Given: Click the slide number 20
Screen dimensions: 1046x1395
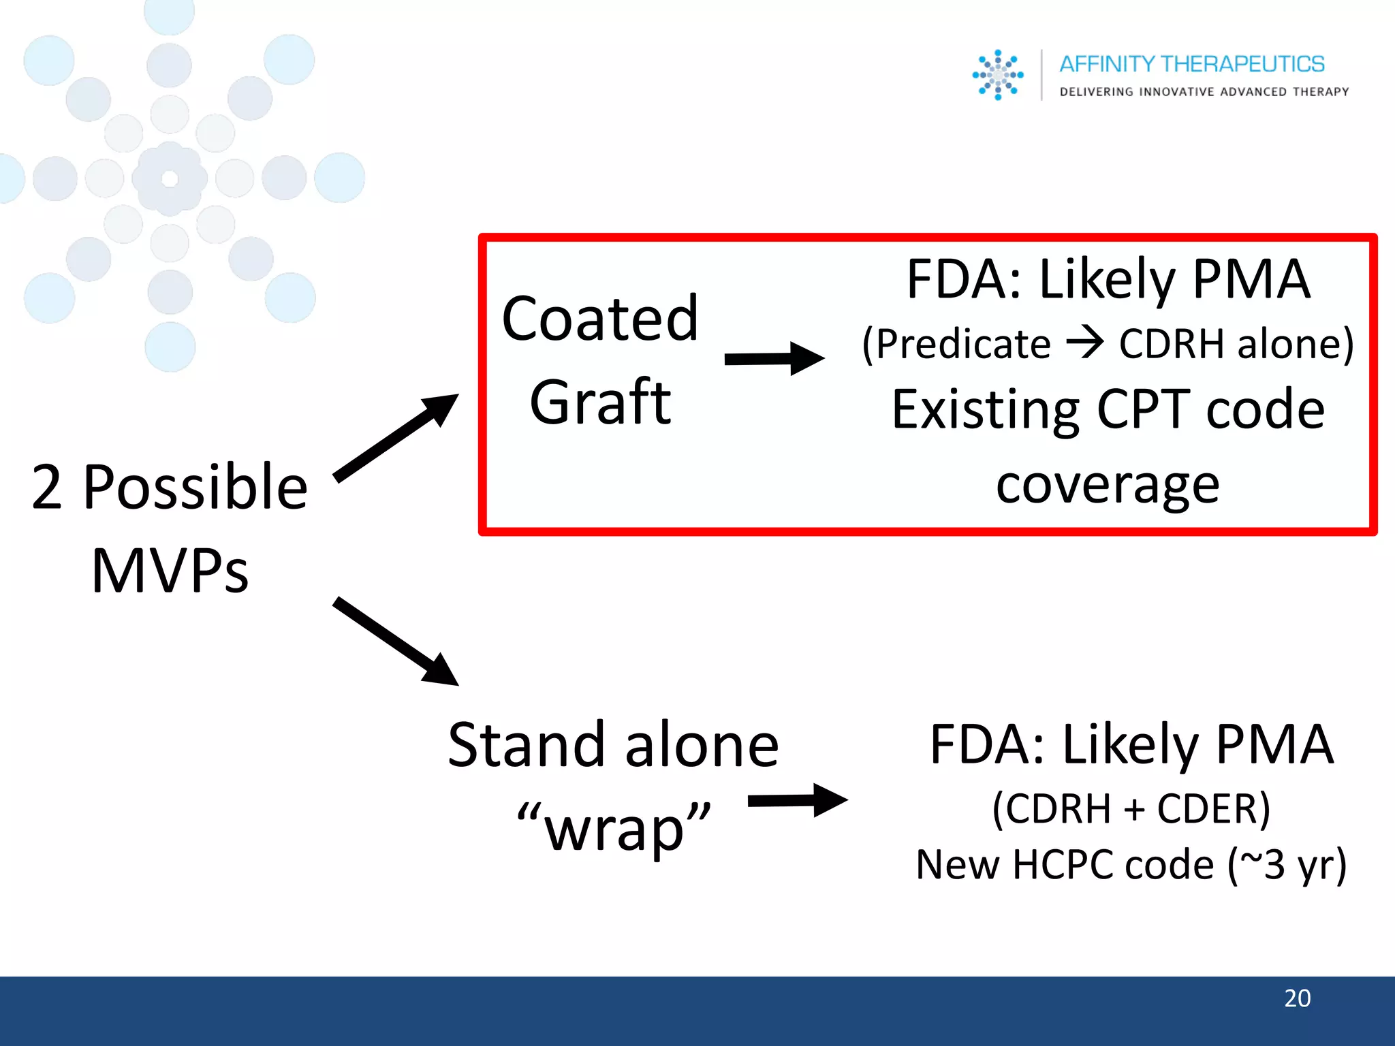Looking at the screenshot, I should tap(1297, 998).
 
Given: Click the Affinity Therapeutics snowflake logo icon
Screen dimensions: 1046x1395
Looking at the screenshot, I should tap(997, 75).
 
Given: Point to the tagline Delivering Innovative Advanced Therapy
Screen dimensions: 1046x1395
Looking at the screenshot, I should tap(1204, 92).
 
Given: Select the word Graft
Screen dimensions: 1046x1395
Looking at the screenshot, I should tap(600, 402).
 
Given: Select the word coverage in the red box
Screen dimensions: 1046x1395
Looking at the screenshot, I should tap(1108, 485).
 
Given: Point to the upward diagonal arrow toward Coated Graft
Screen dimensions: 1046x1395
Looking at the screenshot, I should tap(396, 437).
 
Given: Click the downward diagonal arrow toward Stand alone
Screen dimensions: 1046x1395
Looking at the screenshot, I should tap(396, 641).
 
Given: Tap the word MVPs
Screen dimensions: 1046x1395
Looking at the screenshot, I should tap(170, 571).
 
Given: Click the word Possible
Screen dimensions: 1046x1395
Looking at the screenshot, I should tap(195, 487).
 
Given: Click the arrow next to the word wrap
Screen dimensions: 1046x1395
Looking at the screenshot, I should tap(797, 800).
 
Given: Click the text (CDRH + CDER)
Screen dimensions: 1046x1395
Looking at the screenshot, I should tap(1131, 809).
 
